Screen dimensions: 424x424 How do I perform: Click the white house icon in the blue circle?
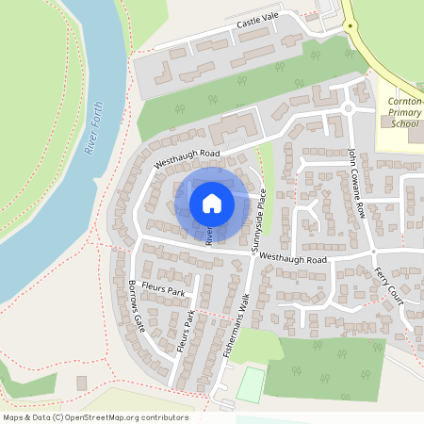[212, 204]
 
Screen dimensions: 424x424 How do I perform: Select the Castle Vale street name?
[259, 23]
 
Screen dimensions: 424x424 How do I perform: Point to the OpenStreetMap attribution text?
[95, 417]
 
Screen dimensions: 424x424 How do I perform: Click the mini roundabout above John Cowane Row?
[349, 107]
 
